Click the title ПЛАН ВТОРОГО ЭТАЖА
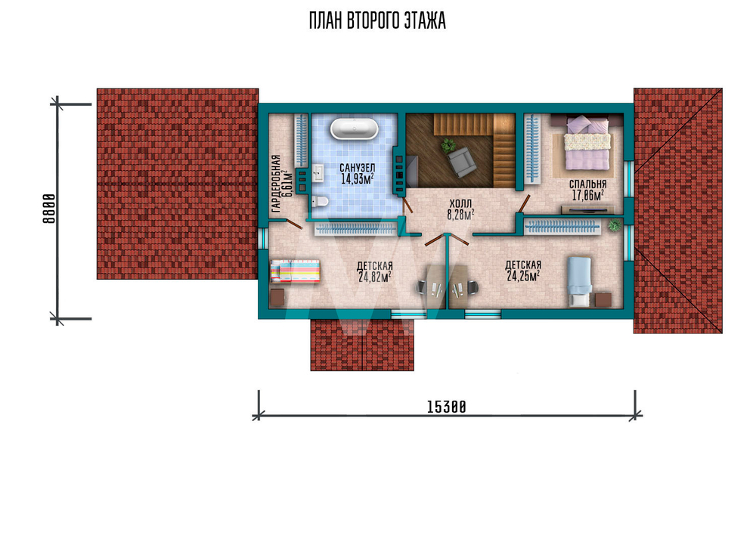[377, 21]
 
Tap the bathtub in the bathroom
[355, 128]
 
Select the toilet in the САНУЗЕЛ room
[320, 201]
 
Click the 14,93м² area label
[358, 179]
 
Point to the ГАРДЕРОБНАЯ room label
[276, 184]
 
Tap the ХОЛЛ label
[460, 204]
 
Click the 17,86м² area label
[587, 195]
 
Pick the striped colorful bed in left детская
[295, 271]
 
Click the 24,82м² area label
[375, 277]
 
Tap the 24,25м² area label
[523, 276]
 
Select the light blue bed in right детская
[579, 281]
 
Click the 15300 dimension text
[447, 407]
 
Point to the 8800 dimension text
[48, 209]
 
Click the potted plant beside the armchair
[449, 144]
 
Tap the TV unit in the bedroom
[587, 209]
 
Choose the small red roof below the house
[362, 345]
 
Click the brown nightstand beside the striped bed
[277, 298]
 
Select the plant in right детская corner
[614, 225]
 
